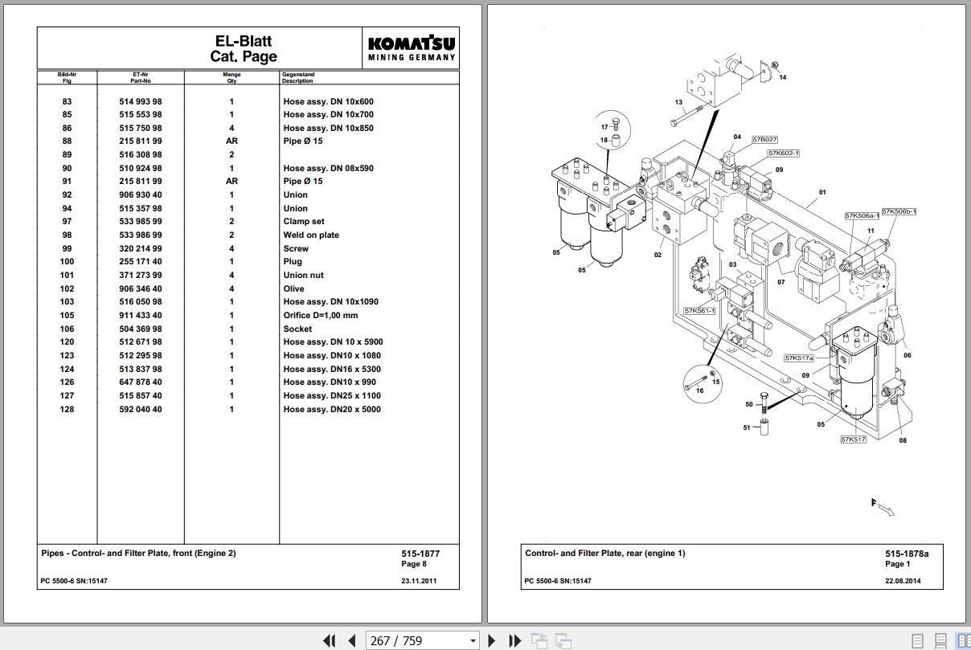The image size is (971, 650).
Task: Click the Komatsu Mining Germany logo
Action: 412,48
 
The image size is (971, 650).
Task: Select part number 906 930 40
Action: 141,195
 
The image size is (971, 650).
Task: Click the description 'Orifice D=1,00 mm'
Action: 321,316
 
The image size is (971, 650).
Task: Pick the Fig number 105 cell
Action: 67,316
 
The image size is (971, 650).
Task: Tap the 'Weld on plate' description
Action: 311,235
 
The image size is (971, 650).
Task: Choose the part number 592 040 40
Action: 141,410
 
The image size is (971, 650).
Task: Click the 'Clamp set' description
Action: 304,222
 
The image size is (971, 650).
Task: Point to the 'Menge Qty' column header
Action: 232,78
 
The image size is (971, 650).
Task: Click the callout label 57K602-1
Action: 783,153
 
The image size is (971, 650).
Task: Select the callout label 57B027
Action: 764,140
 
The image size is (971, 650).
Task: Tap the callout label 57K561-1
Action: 699,311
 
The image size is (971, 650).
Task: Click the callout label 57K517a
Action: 799,358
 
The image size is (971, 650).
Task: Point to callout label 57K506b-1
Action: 899,211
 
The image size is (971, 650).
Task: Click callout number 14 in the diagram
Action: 782,78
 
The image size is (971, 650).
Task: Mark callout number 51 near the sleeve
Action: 747,427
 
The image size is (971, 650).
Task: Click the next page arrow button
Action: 491,641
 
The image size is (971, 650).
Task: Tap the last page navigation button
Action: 514,641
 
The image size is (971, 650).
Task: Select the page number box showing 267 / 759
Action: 422,640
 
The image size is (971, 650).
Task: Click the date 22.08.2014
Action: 903,581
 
